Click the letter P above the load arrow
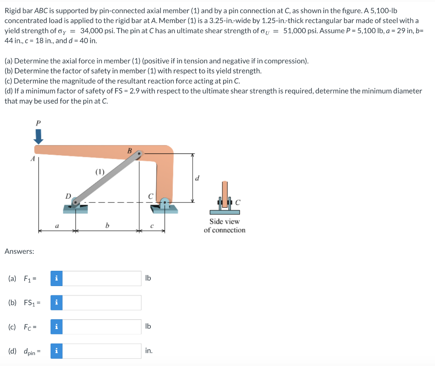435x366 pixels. pos(38,123)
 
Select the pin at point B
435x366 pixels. pos(140,155)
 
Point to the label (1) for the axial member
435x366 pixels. pos(99,172)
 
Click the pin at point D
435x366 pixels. pos(76,202)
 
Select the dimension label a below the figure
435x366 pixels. pos(57,226)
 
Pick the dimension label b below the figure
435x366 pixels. pos(107,226)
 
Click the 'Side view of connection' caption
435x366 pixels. pos(224,226)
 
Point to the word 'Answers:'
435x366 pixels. pos(19,251)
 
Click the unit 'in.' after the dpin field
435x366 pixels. pos(149,351)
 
